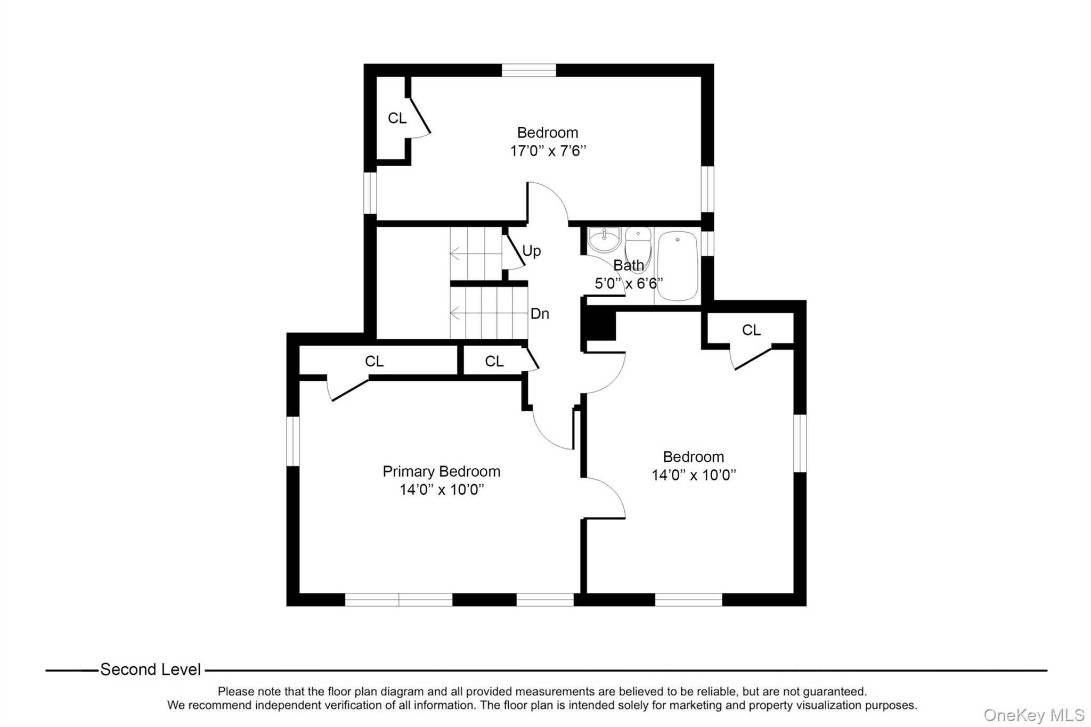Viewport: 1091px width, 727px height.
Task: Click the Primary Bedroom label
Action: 441,471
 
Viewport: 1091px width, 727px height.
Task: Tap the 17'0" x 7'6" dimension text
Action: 548,151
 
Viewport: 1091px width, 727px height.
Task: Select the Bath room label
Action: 628,265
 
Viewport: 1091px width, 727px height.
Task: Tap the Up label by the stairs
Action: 531,251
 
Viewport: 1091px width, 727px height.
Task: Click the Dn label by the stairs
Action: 539,314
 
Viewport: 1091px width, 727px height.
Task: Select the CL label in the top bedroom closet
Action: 397,118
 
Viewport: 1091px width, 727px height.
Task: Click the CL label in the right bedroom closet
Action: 751,330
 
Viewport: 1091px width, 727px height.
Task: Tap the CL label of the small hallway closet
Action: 494,362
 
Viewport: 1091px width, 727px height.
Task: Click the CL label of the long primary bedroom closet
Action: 374,362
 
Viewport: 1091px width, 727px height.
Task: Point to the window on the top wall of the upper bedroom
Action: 528,70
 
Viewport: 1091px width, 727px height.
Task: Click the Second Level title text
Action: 150,669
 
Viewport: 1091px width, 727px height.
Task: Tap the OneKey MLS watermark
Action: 1033,715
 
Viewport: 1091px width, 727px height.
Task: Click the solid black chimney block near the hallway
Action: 600,325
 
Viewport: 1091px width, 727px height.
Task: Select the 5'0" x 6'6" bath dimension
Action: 628,283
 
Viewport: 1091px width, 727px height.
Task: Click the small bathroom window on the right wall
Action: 707,242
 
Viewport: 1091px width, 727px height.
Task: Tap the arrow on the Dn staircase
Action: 455,313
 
